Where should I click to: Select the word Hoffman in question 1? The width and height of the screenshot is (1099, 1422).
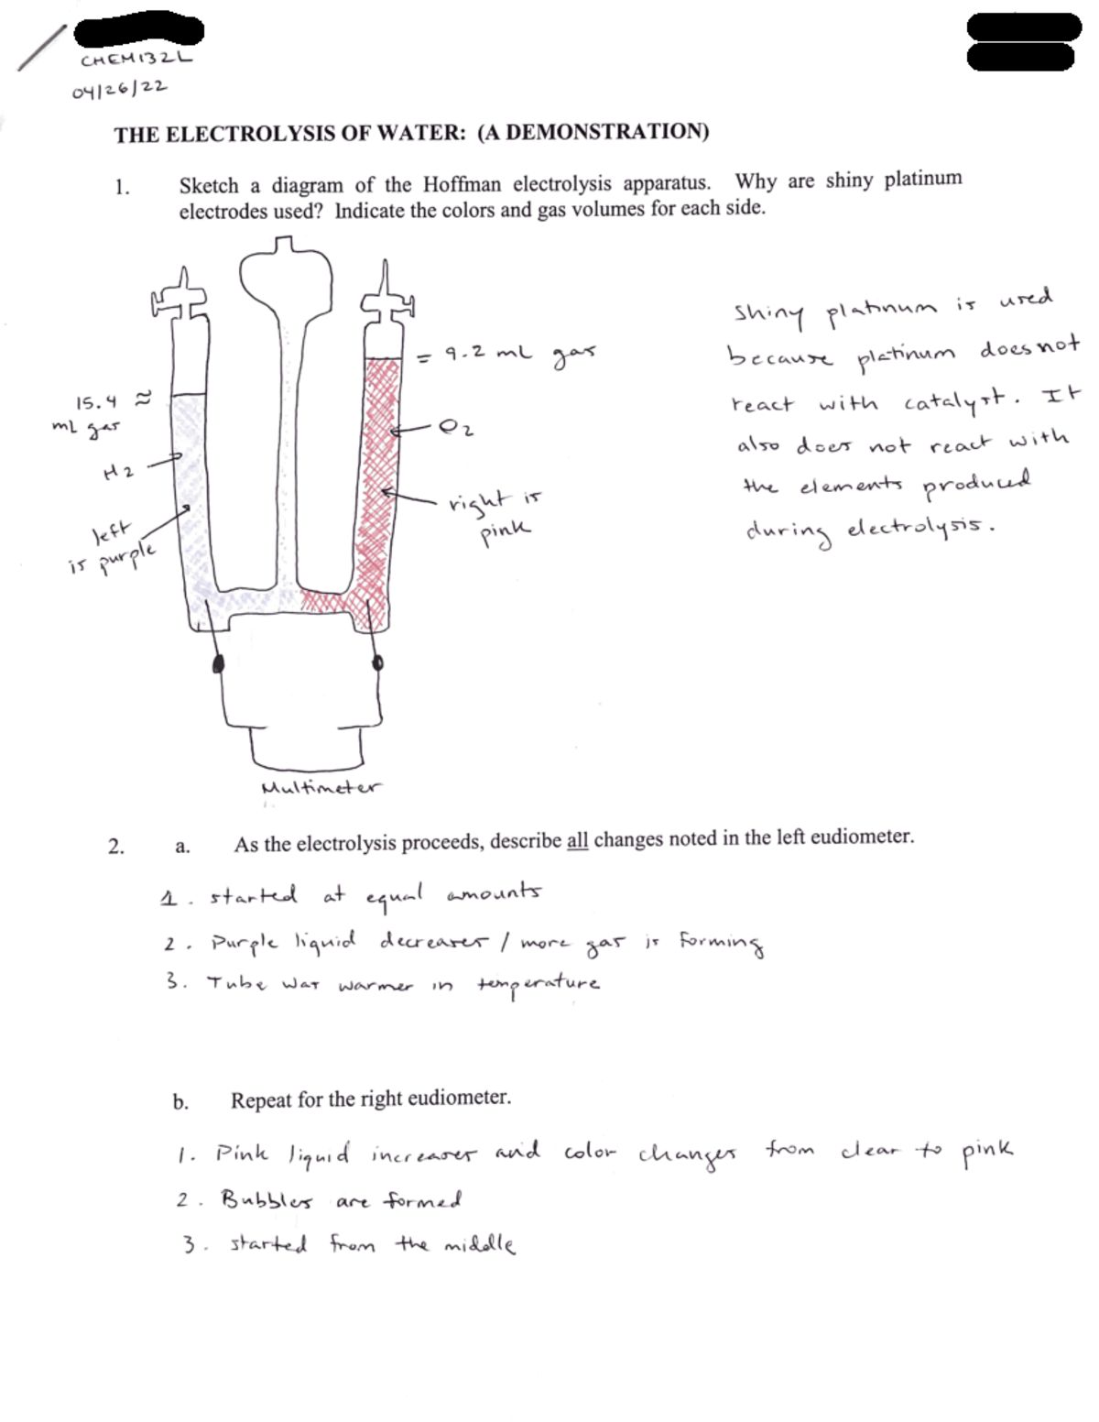[462, 184]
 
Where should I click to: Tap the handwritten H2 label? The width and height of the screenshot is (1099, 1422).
[119, 471]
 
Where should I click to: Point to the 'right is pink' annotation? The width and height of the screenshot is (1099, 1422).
[495, 513]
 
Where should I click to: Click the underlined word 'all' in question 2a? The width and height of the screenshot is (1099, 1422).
[577, 840]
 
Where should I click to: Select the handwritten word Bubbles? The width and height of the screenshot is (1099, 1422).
[267, 1200]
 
